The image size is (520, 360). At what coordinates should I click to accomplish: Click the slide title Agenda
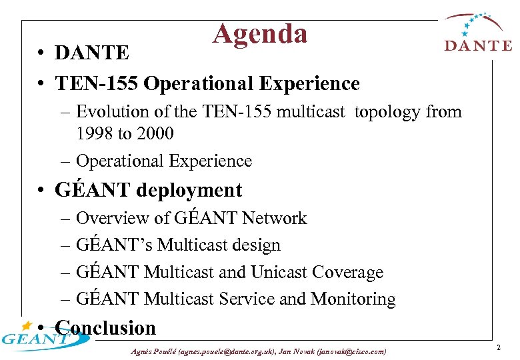[260, 33]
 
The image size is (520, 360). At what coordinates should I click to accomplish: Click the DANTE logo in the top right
[478, 34]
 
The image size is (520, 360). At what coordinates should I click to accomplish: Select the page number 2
[499, 347]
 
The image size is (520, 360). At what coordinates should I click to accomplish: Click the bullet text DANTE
[92, 52]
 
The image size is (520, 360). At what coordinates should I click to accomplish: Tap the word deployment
[189, 190]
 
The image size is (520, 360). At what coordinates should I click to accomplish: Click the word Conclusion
[106, 328]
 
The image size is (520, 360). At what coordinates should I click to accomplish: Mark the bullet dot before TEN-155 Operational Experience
[41, 84]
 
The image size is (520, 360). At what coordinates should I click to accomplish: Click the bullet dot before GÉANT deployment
[41, 190]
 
